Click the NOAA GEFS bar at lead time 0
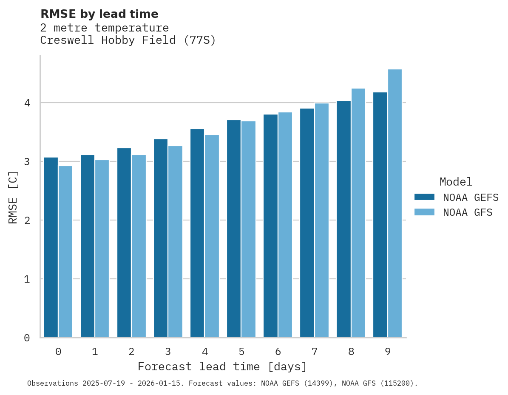tap(51, 247)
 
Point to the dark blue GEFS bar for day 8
tap(343, 219)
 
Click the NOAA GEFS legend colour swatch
tap(424, 197)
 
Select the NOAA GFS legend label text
tap(468, 212)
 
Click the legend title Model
tap(456, 182)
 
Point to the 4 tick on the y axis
tap(27, 103)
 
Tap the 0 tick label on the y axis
tap(27, 338)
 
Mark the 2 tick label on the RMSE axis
tap(27, 220)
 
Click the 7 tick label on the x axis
tap(315, 352)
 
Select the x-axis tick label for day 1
tap(95, 352)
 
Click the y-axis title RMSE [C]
tap(13, 197)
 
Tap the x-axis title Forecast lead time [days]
tap(222, 367)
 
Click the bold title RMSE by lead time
tap(99, 14)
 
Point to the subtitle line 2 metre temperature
tap(105, 28)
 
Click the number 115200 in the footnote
tap(397, 384)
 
